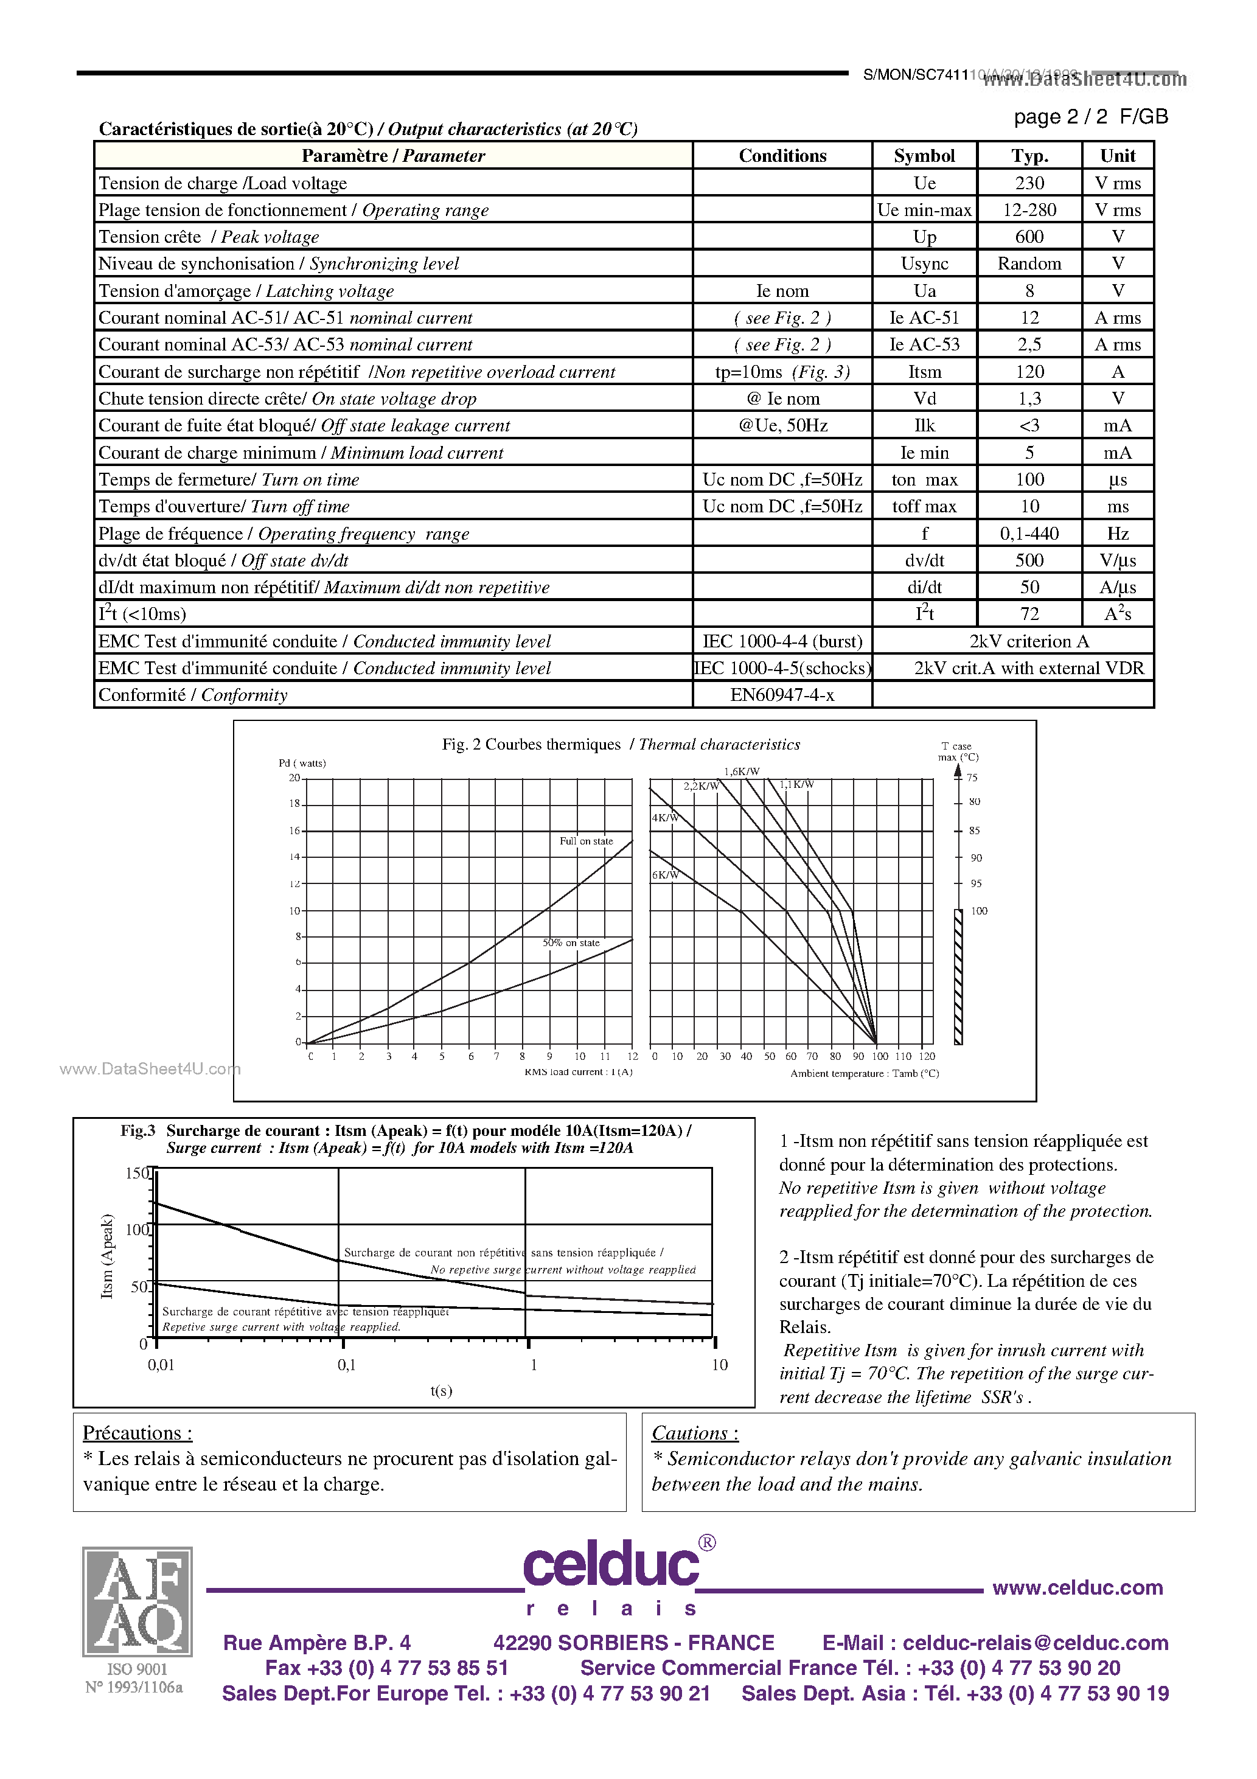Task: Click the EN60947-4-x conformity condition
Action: (782, 695)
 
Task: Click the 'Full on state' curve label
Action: (586, 841)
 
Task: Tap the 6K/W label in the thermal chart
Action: (664, 875)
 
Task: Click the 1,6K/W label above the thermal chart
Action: (742, 771)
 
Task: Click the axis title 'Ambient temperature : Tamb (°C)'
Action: (864, 1074)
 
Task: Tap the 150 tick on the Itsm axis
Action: (136, 1173)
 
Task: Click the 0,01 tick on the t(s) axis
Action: (161, 1365)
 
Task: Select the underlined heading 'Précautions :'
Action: (137, 1433)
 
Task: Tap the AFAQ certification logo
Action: (137, 1601)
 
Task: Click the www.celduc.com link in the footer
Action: (1077, 1587)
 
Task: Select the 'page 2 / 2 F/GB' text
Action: (1090, 117)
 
